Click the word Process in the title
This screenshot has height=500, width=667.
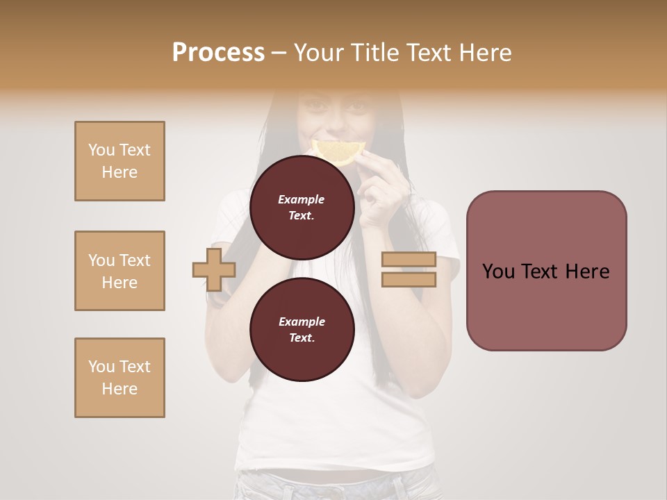pos(218,53)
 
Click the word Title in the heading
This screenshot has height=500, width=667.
pos(376,53)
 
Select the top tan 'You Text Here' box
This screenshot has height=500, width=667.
pos(120,161)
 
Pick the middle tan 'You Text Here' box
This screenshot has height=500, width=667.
pos(120,271)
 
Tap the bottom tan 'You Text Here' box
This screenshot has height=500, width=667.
pos(120,378)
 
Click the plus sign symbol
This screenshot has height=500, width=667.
pos(214,269)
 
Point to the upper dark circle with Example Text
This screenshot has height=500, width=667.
pos(302,207)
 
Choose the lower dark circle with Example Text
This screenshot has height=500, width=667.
pos(302,329)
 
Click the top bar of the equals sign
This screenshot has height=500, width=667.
pos(409,259)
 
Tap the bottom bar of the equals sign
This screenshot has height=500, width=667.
pos(409,279)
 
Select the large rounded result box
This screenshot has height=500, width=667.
pos(546,271)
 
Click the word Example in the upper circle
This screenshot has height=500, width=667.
pos(302,199)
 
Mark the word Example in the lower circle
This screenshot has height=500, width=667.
pos(302,322)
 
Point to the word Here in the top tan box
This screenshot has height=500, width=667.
pos(120,172)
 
